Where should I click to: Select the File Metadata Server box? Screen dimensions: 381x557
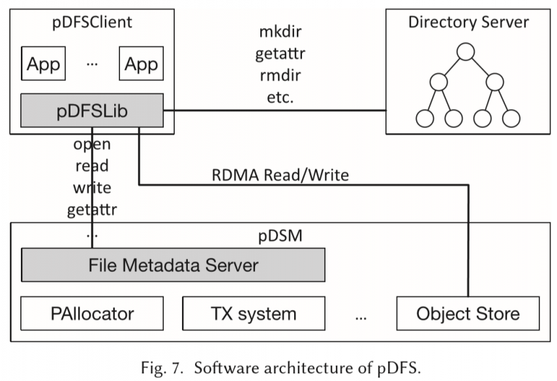click(173, 266)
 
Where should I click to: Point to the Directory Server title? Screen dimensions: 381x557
click(468, 22)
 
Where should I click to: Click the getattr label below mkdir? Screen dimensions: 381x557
click(280, 54)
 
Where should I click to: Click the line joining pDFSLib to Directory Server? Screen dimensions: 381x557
click(274, 112)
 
